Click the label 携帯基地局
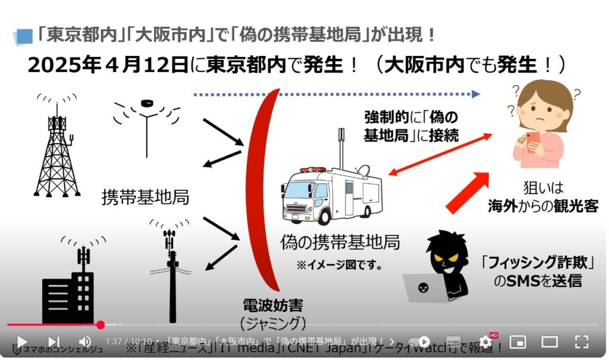point(146,197)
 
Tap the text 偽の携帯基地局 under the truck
point(340,242)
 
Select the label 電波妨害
point(273,306)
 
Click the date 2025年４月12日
point(109,64)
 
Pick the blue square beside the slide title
point(24,36)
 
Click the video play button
point(21,342)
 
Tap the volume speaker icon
point(85,342)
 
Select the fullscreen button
point(581,342)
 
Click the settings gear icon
point(485,342)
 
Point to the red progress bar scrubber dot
point(101,325)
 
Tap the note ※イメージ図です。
point(339,264)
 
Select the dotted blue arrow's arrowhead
point(475,93)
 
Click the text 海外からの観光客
point(542,206)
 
